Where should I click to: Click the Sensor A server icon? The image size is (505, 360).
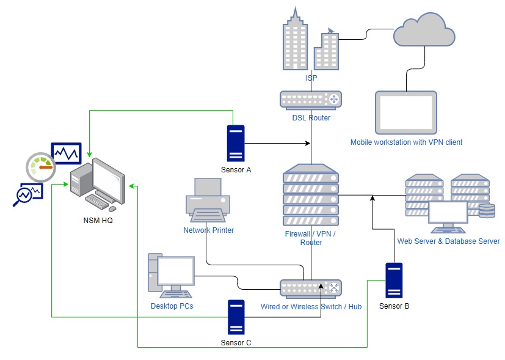(x=235, y=143)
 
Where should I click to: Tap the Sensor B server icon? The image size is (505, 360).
(x=394, y=280)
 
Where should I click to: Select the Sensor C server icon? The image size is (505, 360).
(x=236, y=317)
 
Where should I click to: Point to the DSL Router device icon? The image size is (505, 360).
(x=311, y=100)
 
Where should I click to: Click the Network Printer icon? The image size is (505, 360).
(x=208, y=202)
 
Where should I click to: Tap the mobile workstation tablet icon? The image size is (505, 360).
(x=406, y=112)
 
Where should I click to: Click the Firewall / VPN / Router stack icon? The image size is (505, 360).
(x=311, y=196)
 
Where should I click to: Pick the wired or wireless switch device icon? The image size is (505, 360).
(x=311, y=288)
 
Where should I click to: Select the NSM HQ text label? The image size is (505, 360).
(x=98, y=220)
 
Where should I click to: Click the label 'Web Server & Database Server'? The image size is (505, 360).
(x=448, y=241)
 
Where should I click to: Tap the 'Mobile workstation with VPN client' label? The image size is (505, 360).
(x=406, y=142)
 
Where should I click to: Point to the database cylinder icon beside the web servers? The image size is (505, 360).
(x=487, y=211)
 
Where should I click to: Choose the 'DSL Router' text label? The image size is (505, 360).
(x=311, y=118)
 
